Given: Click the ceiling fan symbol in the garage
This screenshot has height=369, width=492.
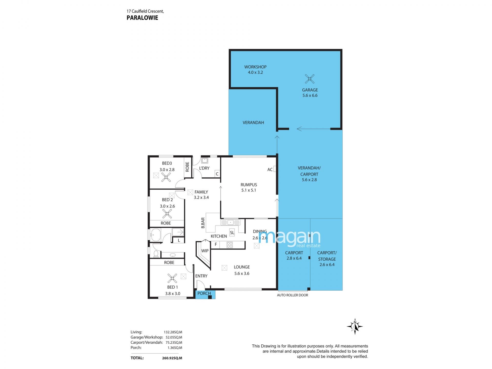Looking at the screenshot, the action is [310, 79].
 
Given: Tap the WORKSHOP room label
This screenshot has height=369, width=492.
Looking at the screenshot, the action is [255, 67].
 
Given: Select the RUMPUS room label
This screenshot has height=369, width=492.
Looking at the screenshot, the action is [249, 185].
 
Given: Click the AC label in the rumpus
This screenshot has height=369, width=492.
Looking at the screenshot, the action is [270, 169].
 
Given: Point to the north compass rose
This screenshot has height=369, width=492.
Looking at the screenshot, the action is [355, 326].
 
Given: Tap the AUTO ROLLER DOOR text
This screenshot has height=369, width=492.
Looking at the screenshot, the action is [292, 295].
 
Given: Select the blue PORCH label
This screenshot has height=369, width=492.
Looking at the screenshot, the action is [204, 293].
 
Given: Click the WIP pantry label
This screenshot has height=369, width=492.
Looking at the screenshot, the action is [205, 251].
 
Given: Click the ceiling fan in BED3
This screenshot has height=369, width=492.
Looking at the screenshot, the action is [166, 177].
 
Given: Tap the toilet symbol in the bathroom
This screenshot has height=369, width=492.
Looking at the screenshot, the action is [156, 253].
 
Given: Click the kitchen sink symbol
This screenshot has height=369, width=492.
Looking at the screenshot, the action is [230, 222].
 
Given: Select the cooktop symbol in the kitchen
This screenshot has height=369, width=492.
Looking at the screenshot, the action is [230, 245].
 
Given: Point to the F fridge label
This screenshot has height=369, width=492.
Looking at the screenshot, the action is [216, 244].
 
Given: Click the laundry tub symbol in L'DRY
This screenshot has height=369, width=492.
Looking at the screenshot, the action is [204, 161].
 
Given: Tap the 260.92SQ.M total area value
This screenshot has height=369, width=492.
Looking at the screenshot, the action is [172, 358].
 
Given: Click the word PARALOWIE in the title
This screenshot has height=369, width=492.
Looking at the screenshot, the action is [142, 18].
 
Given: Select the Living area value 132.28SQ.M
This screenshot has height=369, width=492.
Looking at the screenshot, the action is [173, 332].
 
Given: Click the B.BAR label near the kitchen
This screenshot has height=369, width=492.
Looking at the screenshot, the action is [203, 223].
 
